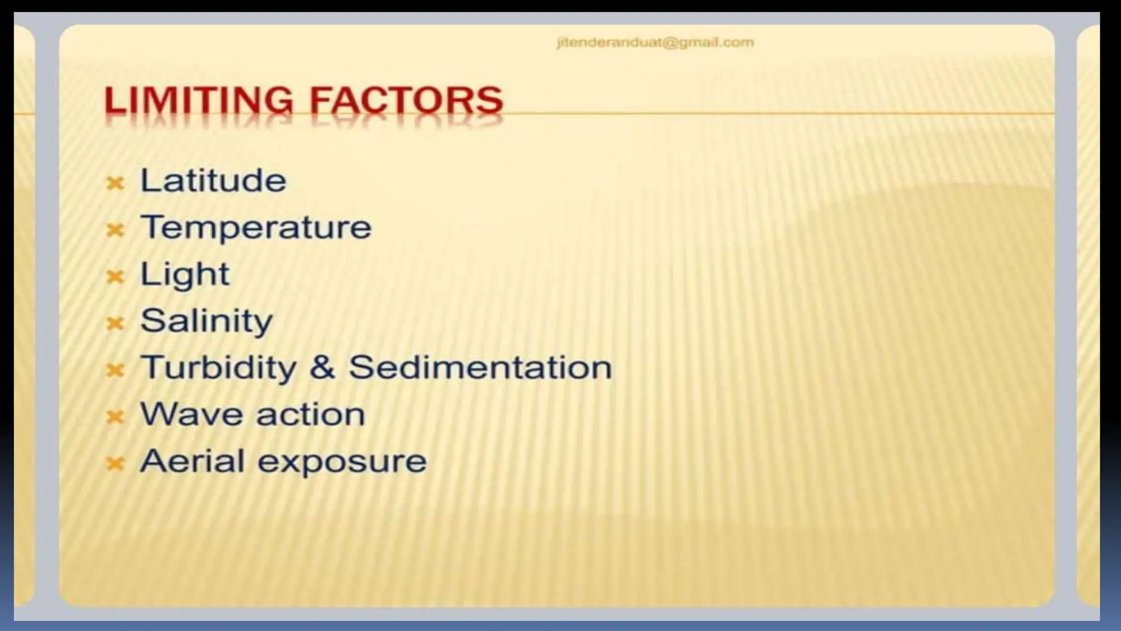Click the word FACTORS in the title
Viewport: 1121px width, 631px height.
[406, 101]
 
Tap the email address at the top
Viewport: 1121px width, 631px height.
[655, 43]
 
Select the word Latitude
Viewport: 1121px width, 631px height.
[213, 180]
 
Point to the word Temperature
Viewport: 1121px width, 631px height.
[256, 227]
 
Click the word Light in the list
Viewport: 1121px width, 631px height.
[184, 274]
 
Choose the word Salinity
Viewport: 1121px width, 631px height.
[206, 320]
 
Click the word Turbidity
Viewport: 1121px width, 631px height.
[218, 367]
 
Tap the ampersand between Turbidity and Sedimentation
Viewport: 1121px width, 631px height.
[322, 367]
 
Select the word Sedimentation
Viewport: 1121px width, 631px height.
[480, 367]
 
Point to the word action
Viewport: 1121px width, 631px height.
[310, 414]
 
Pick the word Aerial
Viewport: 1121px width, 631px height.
[192, 461]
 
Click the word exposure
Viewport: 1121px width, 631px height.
[342, 462]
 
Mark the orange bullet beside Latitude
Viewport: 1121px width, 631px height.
[115, 183]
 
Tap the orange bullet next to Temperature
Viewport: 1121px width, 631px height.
[115, 230]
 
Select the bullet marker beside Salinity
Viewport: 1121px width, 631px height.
[115, 323]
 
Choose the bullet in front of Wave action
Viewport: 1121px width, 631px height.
[115, 417]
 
